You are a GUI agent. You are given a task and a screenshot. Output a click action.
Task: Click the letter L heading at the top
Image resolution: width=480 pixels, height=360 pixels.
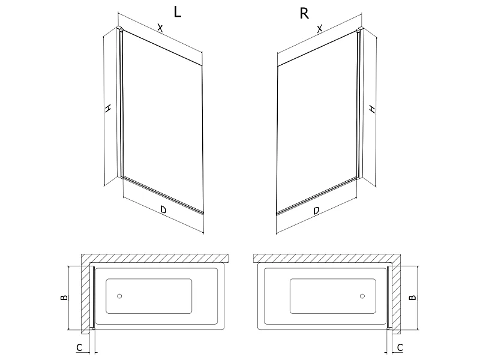point(178,12)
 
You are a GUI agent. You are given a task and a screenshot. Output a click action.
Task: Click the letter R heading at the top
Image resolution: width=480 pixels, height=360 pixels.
point(304,13)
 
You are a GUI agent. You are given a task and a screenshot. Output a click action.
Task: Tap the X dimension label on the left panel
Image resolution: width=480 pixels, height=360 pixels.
point(160,28)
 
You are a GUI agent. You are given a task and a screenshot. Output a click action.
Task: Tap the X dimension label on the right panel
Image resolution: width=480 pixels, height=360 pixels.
point(320,29)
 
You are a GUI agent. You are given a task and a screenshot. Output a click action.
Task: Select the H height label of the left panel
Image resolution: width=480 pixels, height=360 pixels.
point(107,108)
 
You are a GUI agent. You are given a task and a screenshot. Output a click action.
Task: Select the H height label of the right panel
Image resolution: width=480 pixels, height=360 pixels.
point(372,109)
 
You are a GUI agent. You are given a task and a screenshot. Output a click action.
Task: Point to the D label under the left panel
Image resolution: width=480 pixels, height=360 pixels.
point(163,209)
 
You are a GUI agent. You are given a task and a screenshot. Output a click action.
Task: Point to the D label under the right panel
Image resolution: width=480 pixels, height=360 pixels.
point(317,211)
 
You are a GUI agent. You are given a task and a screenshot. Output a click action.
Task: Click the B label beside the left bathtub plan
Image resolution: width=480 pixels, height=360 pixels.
point(64,297)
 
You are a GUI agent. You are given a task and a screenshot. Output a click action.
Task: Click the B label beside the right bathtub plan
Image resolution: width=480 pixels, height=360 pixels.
point(413,297)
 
